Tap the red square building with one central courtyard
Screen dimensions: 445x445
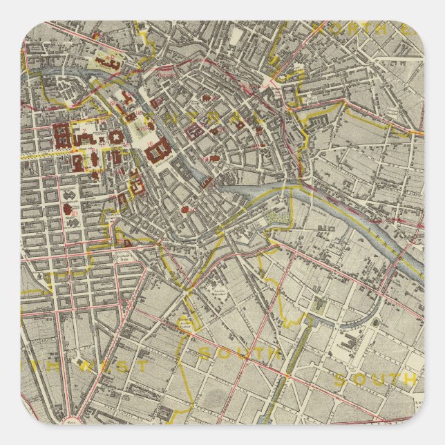click(x=113, y=138)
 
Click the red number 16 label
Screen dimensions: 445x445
click(x=151, y=142)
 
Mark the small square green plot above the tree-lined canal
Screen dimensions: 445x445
click(x=319, y=303)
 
